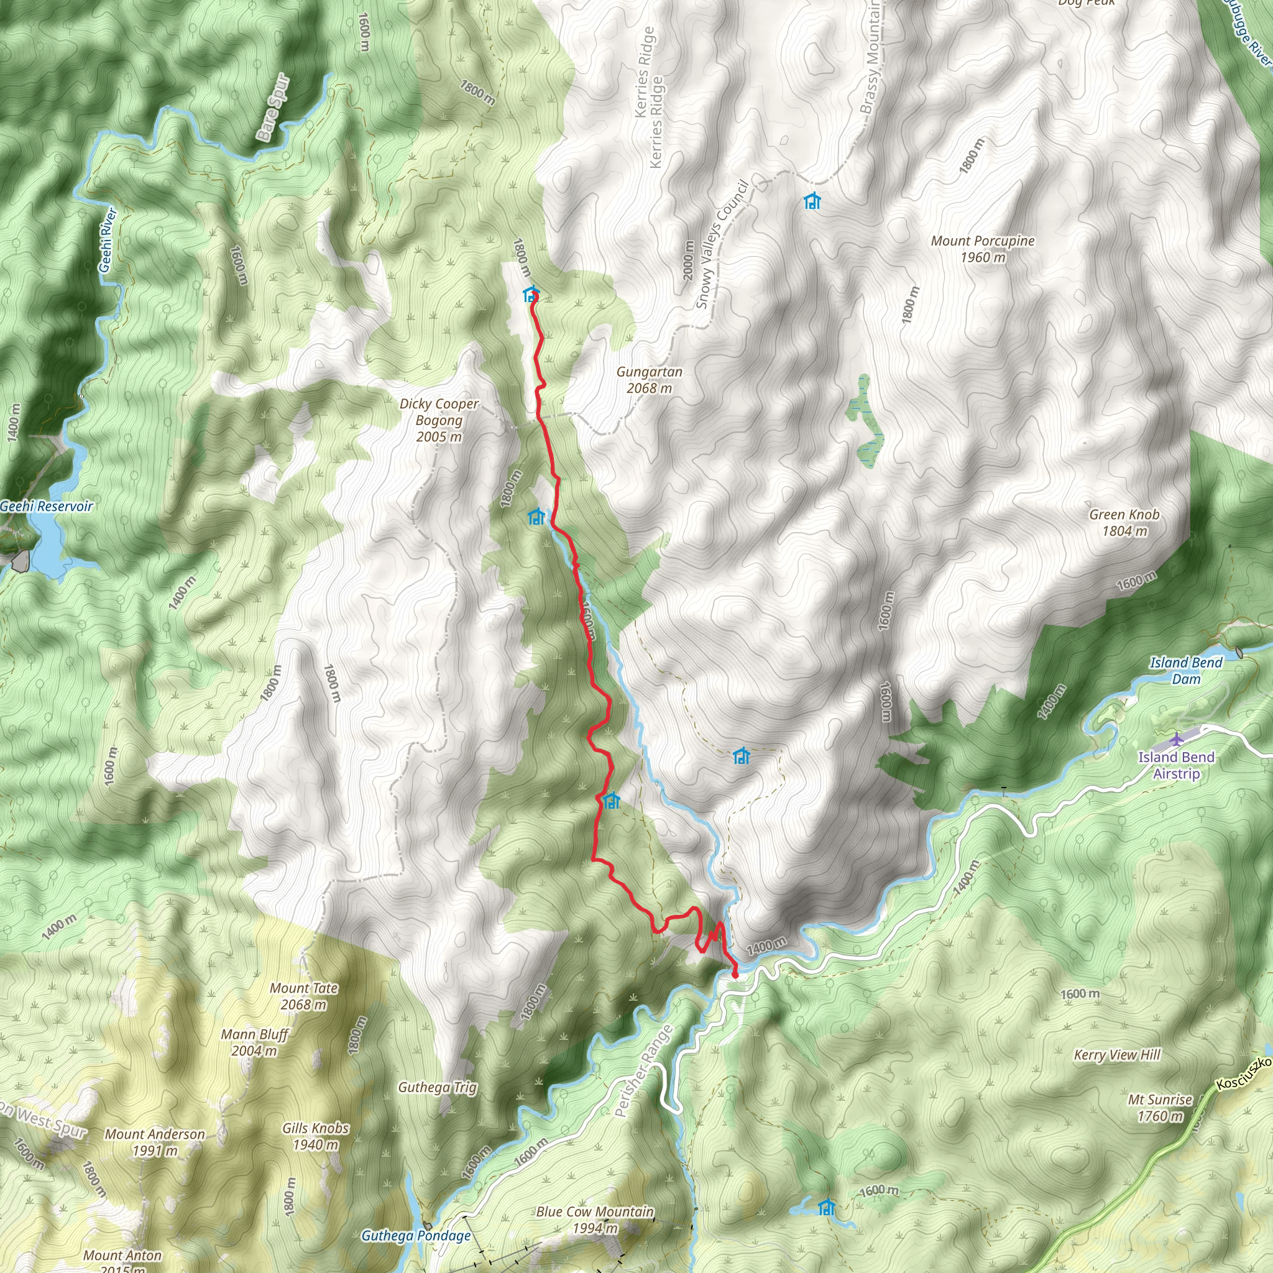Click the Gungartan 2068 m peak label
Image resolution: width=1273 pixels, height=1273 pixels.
tap(649, 380)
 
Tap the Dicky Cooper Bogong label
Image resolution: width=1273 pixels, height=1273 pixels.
tap(439, 420)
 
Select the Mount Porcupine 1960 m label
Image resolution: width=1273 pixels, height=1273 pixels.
tap(983, 249)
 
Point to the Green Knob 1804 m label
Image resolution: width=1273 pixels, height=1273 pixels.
tap(1124, 523)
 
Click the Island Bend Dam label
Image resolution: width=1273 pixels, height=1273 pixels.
tap(1185, 670)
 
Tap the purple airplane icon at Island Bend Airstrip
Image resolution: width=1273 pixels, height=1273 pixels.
tap(1176, 738)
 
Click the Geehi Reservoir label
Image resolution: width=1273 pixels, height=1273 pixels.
tap(46, 506)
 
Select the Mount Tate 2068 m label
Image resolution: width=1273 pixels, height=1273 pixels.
tap(304, 996)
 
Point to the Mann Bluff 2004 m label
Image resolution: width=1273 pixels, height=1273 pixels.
tap(254, 1042)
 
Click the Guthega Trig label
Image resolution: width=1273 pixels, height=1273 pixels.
tap(438, 1087)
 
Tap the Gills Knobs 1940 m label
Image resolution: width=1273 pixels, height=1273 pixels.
tap(316, 1136)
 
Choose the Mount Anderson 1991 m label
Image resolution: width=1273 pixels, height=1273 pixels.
tap(155, 1142)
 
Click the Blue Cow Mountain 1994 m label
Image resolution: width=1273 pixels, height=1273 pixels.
tap(595, 1220)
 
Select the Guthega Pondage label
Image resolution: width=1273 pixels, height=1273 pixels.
tap(416, 1236)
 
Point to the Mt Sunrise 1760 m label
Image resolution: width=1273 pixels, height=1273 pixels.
tap(1160, 1107)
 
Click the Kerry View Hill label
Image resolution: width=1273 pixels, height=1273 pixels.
tap(1117, 1055)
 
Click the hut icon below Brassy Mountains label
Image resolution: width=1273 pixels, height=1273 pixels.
tap(812, 201)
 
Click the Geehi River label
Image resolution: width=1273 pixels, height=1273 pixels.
tap(108, 241)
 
